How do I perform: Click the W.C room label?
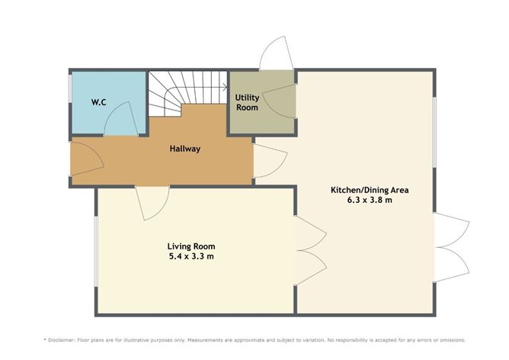click(98, 102)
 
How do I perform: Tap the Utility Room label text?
click(247, 102)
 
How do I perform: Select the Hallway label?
click(184, 149)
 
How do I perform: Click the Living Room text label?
click(191, 246)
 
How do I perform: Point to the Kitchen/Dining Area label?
click(365, 190)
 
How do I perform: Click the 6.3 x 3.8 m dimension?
click(365, 201)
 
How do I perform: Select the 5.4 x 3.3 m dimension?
click(191, 257)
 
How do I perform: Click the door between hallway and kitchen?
click(269, 161)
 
